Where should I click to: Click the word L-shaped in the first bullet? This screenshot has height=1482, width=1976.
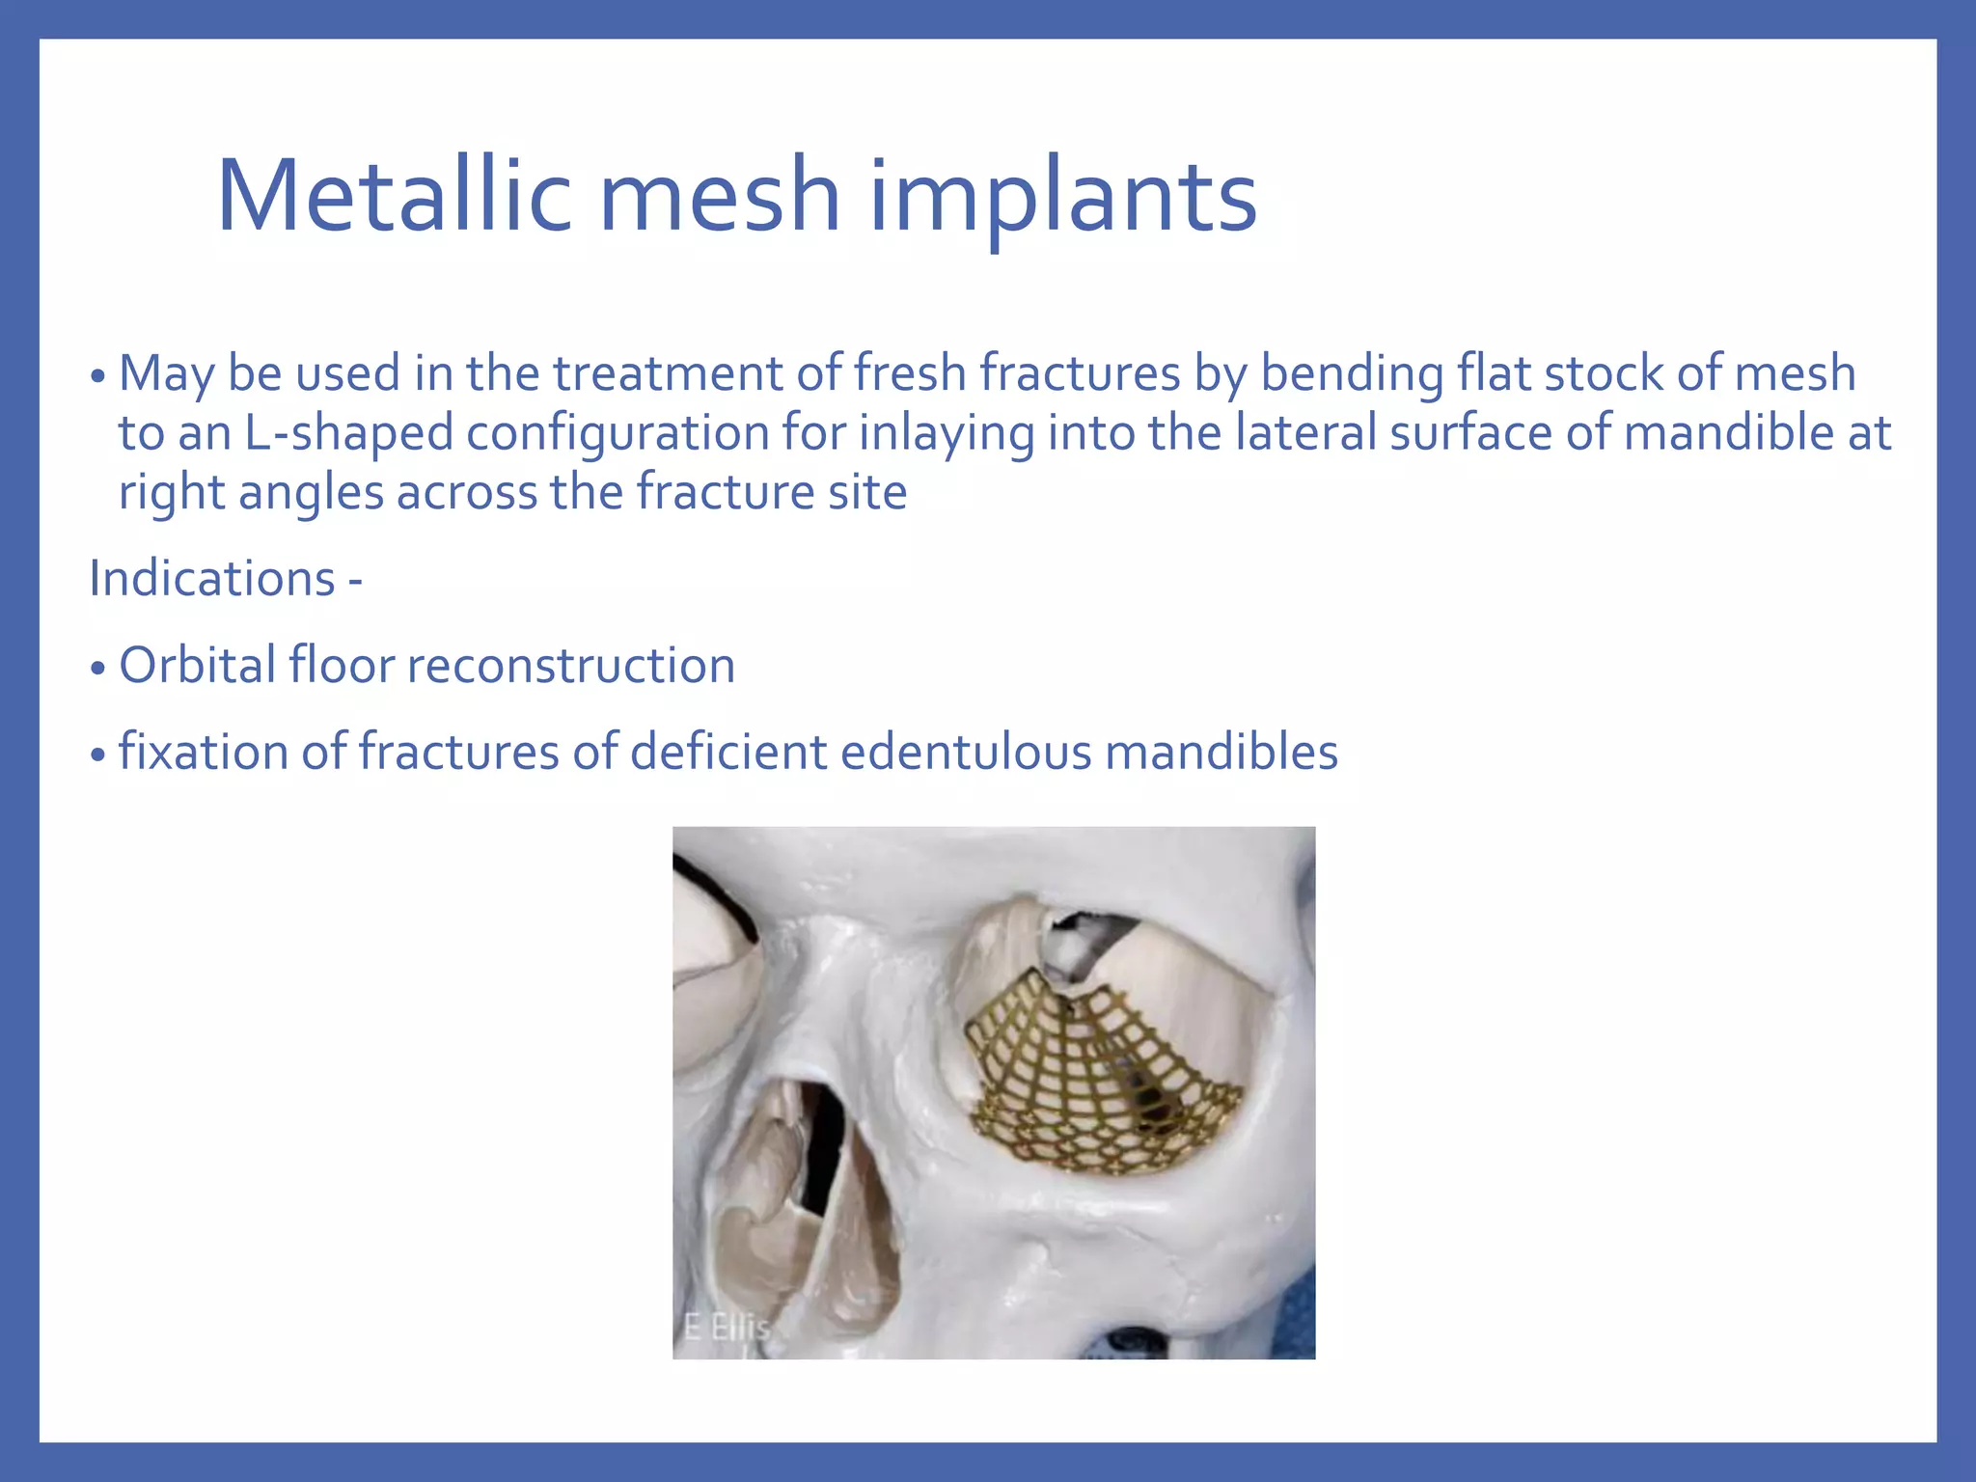pyautogui.click(x=348, y=433)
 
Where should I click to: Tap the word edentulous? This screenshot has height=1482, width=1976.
pyautogui.click(x=966, y=752)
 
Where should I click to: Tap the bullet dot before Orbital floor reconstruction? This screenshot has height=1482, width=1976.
pyautogui.click(x=97, y=669)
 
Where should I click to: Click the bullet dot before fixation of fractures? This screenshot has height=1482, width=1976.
pyautogui.click(x=97, y=755)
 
